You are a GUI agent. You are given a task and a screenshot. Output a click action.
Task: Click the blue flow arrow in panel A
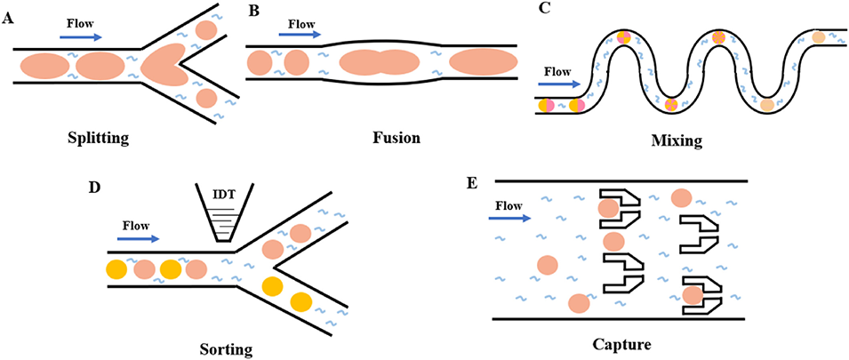tap(80, 36)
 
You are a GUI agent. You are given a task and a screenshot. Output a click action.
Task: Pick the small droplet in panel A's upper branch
tap(207, 29)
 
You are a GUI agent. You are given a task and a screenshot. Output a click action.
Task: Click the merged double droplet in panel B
tap(378, 62)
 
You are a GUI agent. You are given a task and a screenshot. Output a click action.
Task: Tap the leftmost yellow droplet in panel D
tap(116, 268)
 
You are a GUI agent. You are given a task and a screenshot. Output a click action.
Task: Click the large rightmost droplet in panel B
tap(483, 62)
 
